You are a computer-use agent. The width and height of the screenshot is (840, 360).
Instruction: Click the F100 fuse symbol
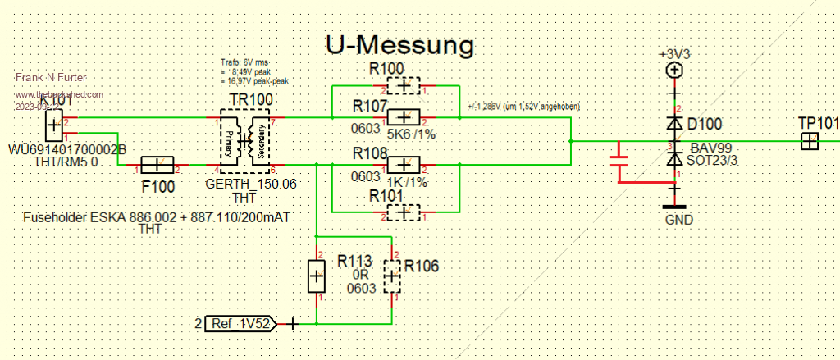click(x=159, y=165)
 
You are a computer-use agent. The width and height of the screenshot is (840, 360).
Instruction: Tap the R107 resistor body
click(x=404, y=118)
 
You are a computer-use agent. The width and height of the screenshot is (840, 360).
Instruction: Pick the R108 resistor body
click(x=404, y=162)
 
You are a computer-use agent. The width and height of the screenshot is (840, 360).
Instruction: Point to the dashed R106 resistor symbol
click(x=393, y=276)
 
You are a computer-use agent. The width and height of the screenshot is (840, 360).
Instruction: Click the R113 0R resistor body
click(x=317, y=276)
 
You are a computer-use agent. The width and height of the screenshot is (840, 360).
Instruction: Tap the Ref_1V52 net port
click(x=240, y=322)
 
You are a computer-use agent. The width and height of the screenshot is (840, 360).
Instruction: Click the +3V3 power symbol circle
click(x=674, y=71)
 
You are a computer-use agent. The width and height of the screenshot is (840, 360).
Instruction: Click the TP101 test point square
click(x=810, y=142)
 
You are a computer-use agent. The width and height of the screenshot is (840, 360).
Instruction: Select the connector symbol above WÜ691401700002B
click(x=52, y=126)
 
